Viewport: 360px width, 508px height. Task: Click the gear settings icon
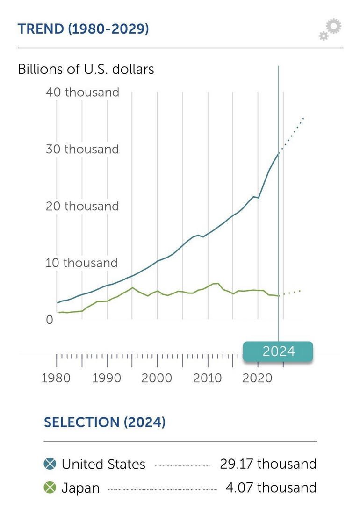(331, 29)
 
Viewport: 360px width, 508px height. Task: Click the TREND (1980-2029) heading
(83, 29)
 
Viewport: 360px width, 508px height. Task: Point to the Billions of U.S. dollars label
(86, 69)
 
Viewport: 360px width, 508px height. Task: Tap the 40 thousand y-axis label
(82, 92)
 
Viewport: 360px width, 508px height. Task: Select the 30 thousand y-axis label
(82, 149)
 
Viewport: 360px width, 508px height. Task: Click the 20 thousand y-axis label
(82, 206)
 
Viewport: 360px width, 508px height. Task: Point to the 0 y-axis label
(49, 320)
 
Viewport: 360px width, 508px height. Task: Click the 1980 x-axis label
(56, 378)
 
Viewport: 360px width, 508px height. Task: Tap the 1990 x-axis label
(107, 378)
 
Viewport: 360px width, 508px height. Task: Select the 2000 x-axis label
(157, 378)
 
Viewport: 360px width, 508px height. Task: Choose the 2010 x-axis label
(207, 378)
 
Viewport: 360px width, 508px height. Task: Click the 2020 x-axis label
(257, 378)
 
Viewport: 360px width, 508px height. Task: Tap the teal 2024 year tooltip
(278, 351)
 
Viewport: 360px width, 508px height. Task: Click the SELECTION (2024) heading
(105, 422)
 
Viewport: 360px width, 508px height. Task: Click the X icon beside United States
(50, 464)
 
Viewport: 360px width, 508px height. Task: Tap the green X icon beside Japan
(50, 487)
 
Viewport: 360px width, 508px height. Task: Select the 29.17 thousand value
(268, 464)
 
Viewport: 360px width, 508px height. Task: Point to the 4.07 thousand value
(271, 487)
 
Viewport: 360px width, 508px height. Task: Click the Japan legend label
(80, 488)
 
